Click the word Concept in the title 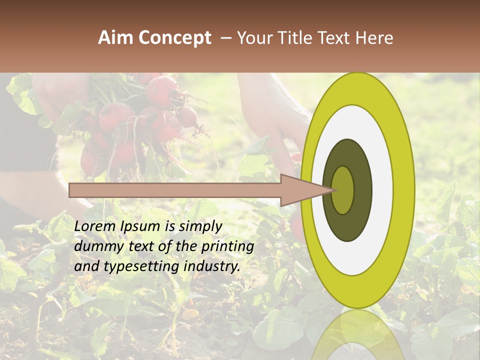coord(174,37)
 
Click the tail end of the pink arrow coord(70,190)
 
